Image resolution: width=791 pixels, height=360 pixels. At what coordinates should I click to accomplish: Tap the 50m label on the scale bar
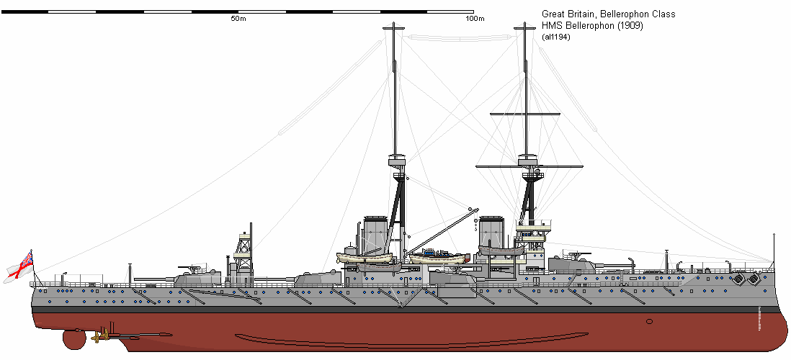pos(238,19)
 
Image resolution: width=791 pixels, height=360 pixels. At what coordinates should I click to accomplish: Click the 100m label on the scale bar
pos(475,19)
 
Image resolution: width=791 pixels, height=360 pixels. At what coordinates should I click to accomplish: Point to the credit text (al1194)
pos(556,37)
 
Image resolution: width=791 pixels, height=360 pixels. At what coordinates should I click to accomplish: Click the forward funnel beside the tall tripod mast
pos(492,232)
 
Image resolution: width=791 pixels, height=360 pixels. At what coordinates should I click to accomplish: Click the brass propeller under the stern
pos(103,334)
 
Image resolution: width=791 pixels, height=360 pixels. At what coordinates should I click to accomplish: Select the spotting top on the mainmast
pos(396,160)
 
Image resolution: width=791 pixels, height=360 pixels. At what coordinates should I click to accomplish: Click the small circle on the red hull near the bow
pos(649,321)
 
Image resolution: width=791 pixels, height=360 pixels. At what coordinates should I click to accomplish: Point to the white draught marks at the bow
pos(760,320)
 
